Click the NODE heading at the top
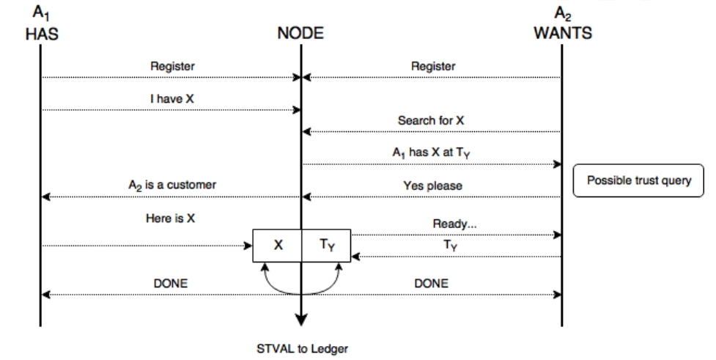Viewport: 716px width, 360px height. click(x=300, y=33)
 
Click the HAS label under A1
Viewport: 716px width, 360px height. click(x=42, y=34)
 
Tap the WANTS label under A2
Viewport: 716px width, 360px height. click(x=563, y=33)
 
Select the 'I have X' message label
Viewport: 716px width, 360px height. click(x=172, y=99)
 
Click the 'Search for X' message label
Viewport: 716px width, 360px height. click(x=431, y=120)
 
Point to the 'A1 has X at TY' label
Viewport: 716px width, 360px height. click(x=431, y=153)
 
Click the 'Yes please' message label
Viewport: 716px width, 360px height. click(x=432, y=186)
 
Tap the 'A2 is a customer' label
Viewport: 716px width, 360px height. click(x=172, y=185)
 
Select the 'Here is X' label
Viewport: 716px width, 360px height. click(x=170, y=218)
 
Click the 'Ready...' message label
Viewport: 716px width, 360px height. click(x=454, y=224)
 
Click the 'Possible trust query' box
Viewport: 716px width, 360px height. click(x=638, y=180)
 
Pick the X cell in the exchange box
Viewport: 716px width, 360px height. click(x=278, y=246)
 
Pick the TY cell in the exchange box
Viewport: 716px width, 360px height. click(x=327, y=246)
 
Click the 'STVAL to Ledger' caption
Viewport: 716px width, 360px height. click(x=302, y=349)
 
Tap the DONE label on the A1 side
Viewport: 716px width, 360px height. click(x=170, y=284)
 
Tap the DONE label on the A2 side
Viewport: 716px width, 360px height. click(x=431, y=284)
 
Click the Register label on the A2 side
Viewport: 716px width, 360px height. click(x=433, y=66)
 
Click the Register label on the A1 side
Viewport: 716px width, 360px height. click(x=173, y=66)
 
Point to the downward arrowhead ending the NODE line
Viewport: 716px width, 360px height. click(x=301, y=320)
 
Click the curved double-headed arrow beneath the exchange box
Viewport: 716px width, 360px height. click(x=301, y=294)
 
